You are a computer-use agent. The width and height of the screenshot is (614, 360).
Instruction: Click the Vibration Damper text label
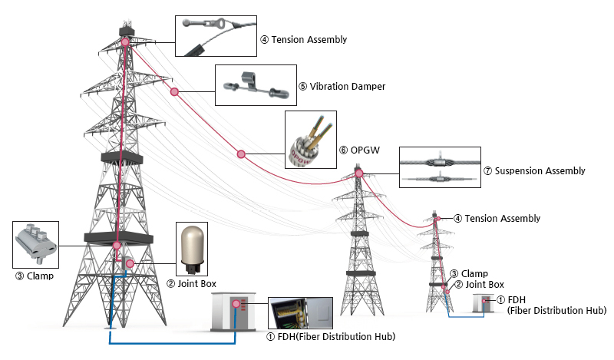(342, 86)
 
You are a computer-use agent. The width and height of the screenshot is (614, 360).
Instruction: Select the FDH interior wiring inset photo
(294, 312)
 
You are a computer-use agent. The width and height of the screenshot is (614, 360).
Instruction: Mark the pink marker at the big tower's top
(125, 41)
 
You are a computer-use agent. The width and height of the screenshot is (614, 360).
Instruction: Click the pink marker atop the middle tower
(358, 173)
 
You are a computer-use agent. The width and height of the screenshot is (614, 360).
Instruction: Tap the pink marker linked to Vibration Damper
(175, 92)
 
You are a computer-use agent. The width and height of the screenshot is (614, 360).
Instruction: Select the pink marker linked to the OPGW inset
(241, 154)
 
